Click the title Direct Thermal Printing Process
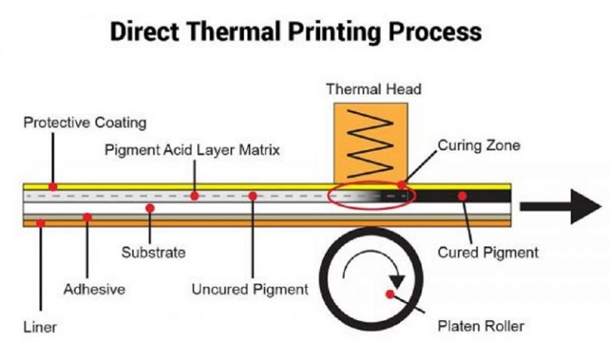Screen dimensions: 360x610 (x=295, y=31)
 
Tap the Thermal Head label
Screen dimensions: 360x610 (x=373, y=89)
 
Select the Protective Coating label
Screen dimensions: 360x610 (x=85, y=123)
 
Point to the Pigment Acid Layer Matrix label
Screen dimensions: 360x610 (x=192, y=149)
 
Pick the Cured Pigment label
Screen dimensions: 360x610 (x=488, y=253)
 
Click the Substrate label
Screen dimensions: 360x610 (x=153, y=253)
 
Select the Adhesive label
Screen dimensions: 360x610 (x=94, y=289)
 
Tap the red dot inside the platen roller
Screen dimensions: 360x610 (x=389, y=295)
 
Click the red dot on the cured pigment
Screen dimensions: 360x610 (x=461, y=195)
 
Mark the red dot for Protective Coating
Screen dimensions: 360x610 (x=52, y=187)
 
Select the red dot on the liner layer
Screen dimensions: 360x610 (x=41, y=223)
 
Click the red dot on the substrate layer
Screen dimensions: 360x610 (x=150, y=207)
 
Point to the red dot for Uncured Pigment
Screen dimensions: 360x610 (x=252, y=195)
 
